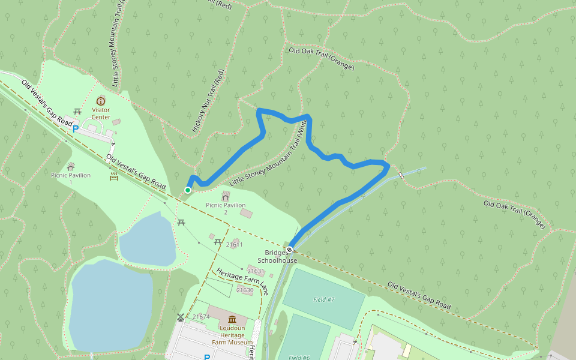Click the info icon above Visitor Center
100,101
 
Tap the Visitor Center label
101,113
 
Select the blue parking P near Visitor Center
76,128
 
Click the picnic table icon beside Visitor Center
77,111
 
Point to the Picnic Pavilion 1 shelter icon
71,166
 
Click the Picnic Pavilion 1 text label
71,178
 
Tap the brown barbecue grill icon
114,176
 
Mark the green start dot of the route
188,190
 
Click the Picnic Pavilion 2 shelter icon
226,196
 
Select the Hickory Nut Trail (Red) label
208,101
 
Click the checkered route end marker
290,249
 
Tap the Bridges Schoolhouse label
277,257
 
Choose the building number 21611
235,244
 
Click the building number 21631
256,271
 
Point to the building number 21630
245,290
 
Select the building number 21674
201,317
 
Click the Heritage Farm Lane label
242,282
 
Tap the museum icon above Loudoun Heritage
232,319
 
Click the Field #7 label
323,299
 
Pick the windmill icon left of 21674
181,316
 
